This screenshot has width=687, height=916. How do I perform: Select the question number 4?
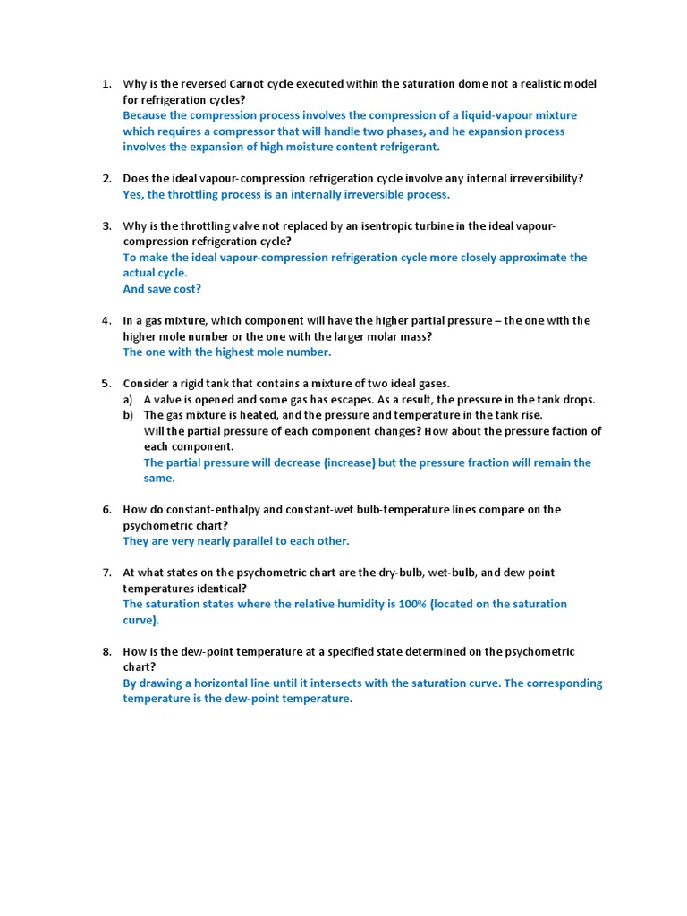click(x=106, y=320)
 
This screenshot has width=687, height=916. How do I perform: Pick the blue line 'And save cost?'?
click(x=162, y=289)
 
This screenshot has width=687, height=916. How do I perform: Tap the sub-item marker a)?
click(x=128, y=399)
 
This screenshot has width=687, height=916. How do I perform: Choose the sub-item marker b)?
click(x=128, y=415)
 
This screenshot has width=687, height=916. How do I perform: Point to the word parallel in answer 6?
click(x=242, y=541)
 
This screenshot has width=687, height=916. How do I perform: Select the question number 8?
click(x=106, y=651)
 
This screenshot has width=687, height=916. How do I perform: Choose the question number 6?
click(x=106, y=509)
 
